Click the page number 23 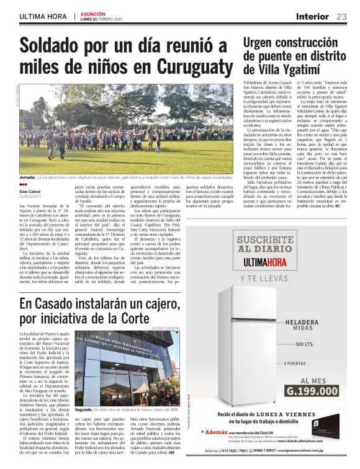click(x=342, y=17)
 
